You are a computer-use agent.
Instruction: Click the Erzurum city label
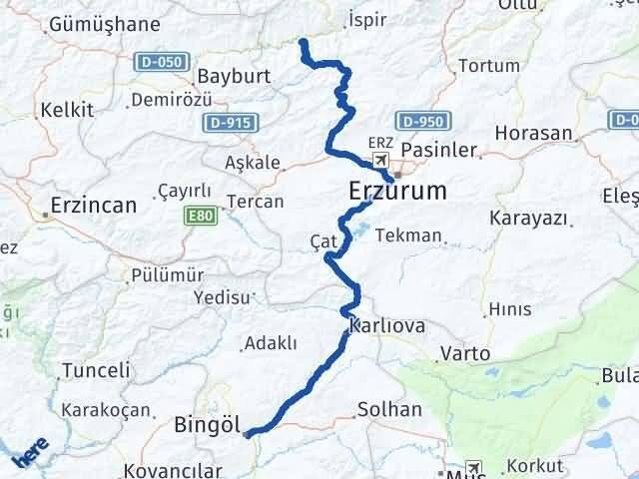point(397,190)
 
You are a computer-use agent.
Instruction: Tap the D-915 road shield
point(231,123)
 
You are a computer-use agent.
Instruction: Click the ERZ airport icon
point(380,160)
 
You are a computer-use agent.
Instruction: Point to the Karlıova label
point(387,326)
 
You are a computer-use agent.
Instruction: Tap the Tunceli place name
point(96,370)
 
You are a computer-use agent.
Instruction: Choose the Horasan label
point(540,133)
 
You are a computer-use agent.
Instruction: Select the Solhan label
point(389,409)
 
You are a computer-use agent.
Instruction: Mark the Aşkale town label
point(253,163)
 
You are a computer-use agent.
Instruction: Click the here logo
point(30,454)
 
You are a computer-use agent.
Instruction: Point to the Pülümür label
point(168,275)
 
